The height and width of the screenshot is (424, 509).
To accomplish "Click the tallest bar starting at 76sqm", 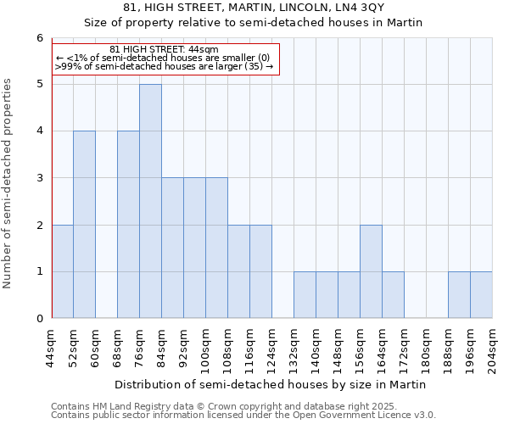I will coord(150,201).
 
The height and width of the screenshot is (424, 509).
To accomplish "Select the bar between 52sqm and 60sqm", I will coord(84,225).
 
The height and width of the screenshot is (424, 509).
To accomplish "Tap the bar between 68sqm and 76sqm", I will coord(128,225).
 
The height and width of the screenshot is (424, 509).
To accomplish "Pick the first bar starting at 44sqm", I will coord(62,271).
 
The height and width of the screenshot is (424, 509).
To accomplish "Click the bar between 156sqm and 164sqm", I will coord(371,271).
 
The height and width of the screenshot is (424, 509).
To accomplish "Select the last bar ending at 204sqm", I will coord(481,295).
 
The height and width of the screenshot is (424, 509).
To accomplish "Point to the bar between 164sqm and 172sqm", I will coord(393,295).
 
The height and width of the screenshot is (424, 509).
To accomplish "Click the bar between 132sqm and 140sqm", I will coord(305,295).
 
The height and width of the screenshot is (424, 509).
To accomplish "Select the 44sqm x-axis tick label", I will coord(53,348).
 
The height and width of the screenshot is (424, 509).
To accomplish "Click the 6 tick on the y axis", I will coord(39,38).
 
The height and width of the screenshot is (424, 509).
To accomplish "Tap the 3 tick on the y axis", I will coord(39,178).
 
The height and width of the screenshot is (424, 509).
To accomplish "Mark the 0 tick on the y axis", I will coord(39,319).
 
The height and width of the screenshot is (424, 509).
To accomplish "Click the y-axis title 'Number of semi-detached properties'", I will coord(8,184).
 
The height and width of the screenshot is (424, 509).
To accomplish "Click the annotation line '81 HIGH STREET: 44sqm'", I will coord(165,50).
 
